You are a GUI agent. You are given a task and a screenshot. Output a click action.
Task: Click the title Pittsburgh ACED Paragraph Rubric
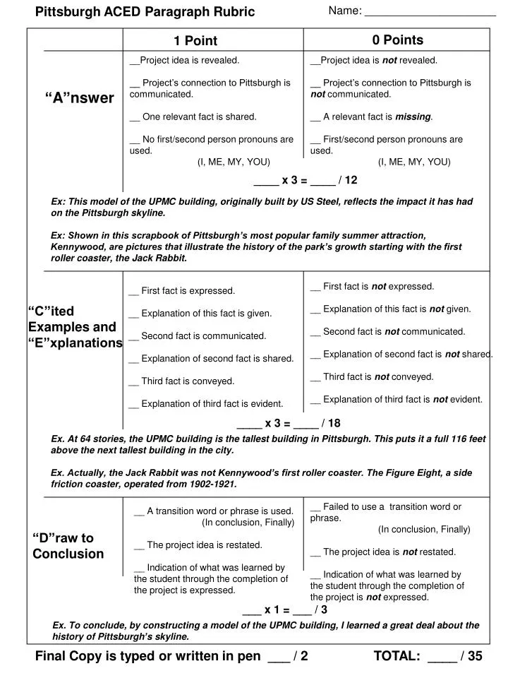145,11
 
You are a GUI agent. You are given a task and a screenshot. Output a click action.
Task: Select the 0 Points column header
398,40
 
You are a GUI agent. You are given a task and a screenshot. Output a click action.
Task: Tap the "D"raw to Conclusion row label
68,546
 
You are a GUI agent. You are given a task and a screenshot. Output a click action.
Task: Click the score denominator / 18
329,424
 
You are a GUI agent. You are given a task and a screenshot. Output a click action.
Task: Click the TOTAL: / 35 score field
428,656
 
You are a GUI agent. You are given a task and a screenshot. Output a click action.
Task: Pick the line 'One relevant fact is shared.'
194,117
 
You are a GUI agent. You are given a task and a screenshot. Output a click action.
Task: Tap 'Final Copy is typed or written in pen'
148,656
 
